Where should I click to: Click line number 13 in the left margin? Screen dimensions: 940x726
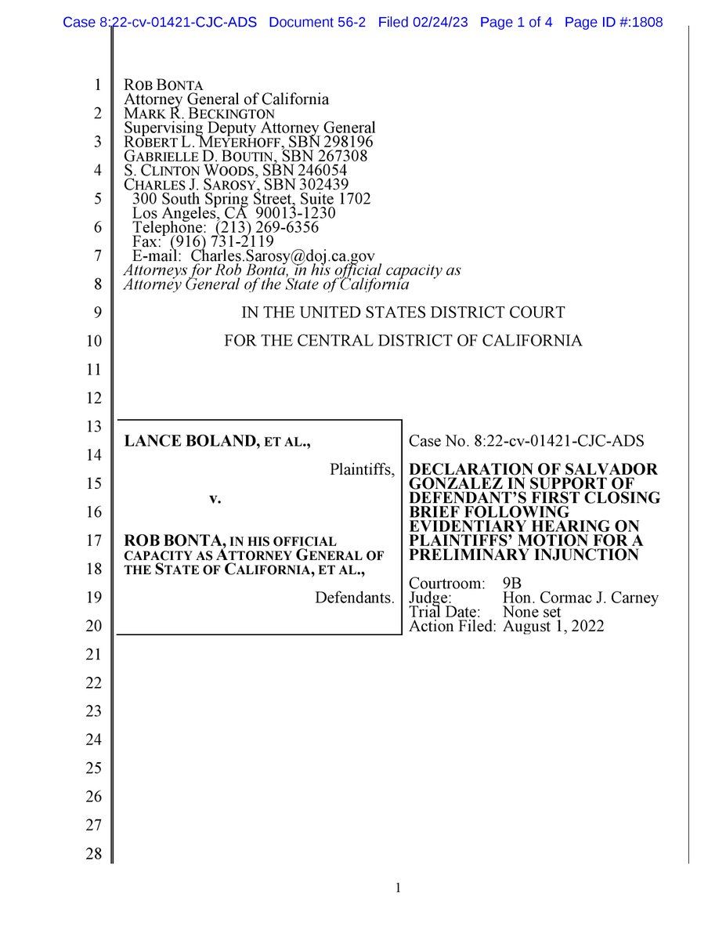(x=94, y=427)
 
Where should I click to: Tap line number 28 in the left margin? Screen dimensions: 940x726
(x=94, y=854)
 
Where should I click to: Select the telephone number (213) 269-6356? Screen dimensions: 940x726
(x=267, y=227)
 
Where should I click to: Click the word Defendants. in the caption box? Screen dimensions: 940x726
(x=354, y=598)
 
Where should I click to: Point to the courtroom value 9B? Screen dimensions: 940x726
(x=511, y=584)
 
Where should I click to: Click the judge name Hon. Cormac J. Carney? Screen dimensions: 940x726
(x=580, y=598)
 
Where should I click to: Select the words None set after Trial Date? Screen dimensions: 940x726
(x=532, y=612)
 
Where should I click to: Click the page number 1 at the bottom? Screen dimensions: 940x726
(x=399, y=888)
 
